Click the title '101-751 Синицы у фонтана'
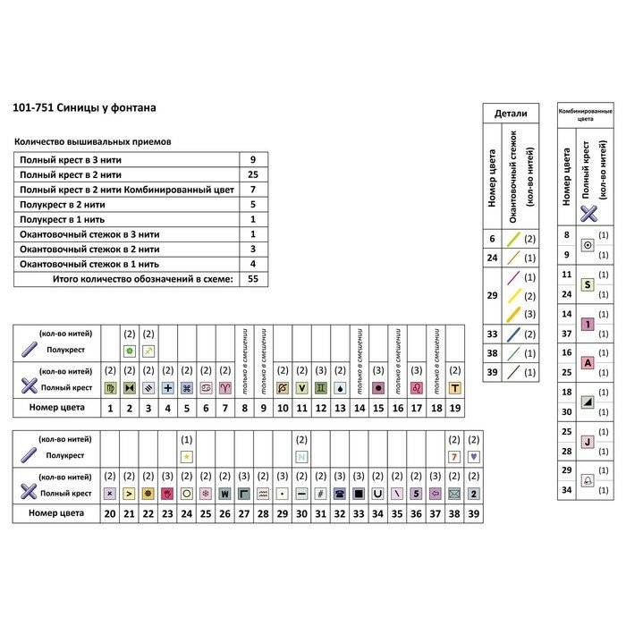(x=84, y=107)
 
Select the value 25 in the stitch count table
(x=253, y=174)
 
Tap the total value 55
(x=253, y=279)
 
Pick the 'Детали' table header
(x=512, y=114)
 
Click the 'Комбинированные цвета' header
(x=586, y=114)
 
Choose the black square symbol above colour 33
(x=359, y=493)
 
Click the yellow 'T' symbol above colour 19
(x=454, y=388)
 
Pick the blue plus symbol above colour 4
(x=167, y=388)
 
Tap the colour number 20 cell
(x=109, y=513)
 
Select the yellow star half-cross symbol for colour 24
(x=187, y=456)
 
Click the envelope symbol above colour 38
(x=454, y=493)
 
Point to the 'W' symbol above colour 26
(x=225, y=493)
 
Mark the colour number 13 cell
(x=340, y=408)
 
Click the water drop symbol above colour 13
(x=340, y=388)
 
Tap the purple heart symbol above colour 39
(x=474, y=456)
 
